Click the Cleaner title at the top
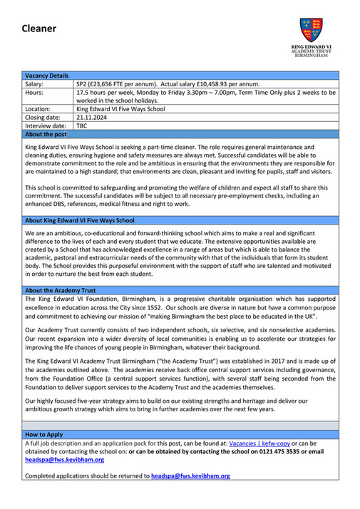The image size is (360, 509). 38,29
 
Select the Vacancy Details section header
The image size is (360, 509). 47,76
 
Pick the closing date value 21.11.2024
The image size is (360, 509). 91,117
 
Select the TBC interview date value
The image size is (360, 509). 82,125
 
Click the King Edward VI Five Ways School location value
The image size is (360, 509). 120,109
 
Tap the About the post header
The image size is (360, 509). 46,134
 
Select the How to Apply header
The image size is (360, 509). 43,433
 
